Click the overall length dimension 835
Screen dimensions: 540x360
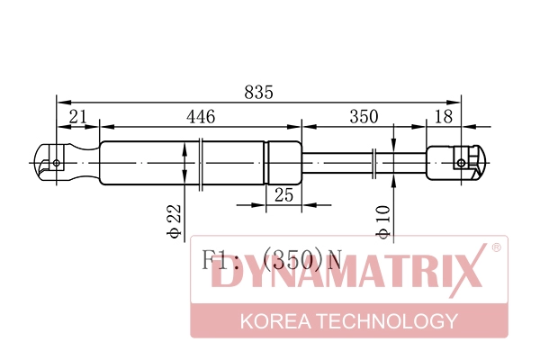click(x=258, y=93)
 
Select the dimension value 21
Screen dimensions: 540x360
click(x=78, y=117)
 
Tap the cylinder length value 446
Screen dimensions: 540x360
click(x=201, y=117)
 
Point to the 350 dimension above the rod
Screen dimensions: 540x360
click(x=364, y=117)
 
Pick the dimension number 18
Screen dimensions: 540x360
click(x=444, y=117)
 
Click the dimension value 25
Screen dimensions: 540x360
click(x=284, y=195)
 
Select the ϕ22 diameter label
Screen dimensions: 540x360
click(x=174, y=221)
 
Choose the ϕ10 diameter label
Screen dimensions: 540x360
click(x=383, y=222)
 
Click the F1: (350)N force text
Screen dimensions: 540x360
click(x=272, y=260)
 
